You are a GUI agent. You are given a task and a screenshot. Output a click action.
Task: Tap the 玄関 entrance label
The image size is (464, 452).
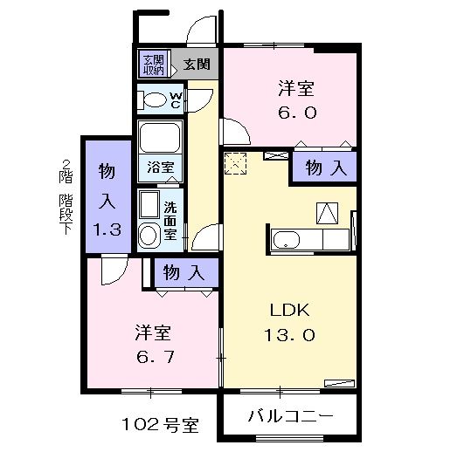(197, 64)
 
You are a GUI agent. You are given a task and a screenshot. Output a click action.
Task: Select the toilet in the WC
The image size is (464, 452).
(155, 100)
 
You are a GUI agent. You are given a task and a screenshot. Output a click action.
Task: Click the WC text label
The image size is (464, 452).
(175, 99)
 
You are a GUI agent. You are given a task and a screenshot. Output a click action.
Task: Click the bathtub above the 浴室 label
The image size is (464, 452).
(159, 138)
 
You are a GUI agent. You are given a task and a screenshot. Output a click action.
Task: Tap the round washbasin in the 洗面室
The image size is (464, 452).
(149, 234)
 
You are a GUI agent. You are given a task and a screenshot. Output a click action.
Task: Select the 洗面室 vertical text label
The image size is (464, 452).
(170, 222)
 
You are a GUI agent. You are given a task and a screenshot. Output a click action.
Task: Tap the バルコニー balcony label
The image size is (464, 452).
(289, 415)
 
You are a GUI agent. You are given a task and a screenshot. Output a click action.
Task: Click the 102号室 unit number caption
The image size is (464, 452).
(159, 426)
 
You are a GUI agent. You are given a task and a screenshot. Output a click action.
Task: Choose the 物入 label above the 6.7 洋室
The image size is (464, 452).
(183, 272)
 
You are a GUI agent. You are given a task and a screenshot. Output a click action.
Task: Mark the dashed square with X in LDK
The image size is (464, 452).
(235, 161)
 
